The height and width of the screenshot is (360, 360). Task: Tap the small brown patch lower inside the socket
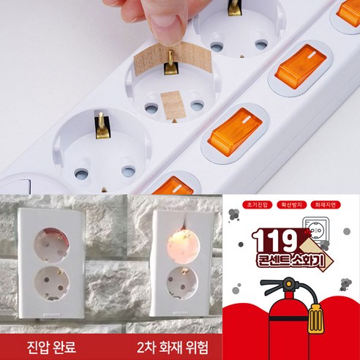click(x=173, y=104)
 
